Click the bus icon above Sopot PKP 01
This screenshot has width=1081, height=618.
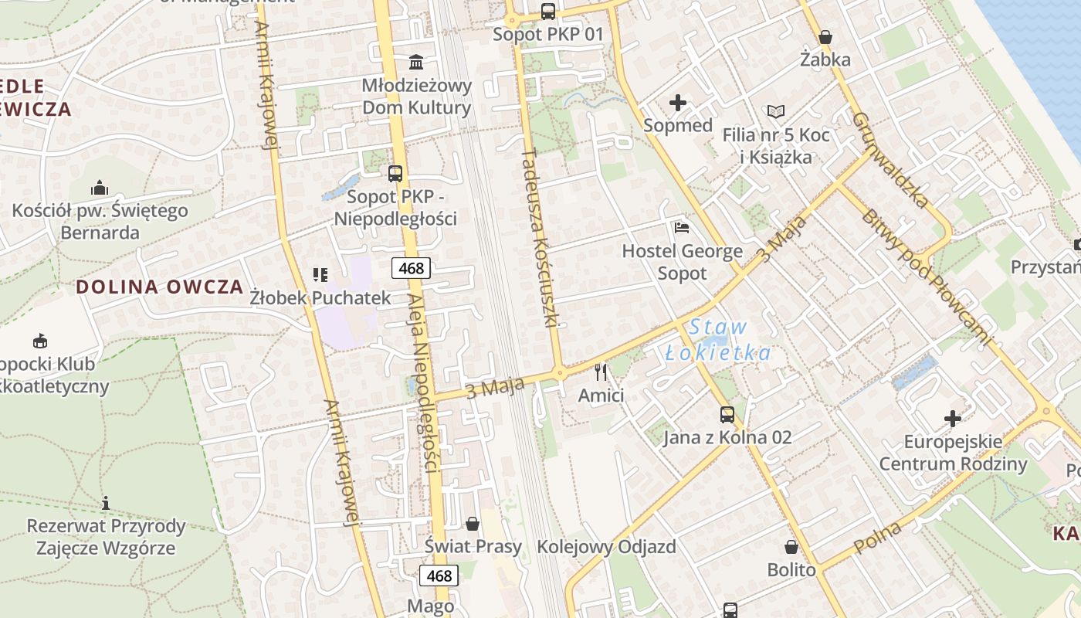click(547, 11)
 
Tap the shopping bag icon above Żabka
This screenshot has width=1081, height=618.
click(825, 37)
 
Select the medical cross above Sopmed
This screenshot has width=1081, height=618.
click(677, 102)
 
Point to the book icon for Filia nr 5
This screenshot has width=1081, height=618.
click(775, 112)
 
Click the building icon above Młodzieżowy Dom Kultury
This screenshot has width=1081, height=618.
click(416, 62)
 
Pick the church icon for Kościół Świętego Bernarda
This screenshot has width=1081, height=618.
click(99, 188)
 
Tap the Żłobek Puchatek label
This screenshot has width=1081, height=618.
click(320, 297)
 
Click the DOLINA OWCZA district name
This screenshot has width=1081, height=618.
click(160, 287)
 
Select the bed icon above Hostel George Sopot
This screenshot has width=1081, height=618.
click(681, 228)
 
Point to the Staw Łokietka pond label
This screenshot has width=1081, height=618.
click(718, 340)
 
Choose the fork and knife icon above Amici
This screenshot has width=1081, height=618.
click(601, 372)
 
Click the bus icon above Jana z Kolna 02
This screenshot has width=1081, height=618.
click(727, 415)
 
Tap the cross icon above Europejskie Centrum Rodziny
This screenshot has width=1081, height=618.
click(953, 419)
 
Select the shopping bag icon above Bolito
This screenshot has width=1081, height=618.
click(791, 547)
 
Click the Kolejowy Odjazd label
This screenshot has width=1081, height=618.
click(606, 547)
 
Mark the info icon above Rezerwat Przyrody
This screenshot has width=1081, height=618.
click(106, 504)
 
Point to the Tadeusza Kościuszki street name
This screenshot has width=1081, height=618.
click(540, 239)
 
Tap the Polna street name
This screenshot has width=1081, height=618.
click(878, 538)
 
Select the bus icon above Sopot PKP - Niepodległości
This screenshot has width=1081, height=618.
click(395, 174)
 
